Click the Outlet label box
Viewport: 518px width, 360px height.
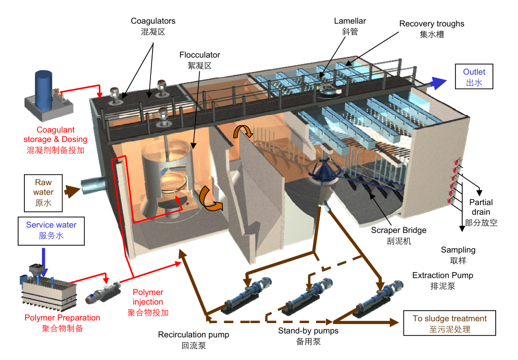474,77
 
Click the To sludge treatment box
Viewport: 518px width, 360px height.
449,324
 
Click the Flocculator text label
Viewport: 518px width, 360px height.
199,55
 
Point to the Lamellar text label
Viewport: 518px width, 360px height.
350,21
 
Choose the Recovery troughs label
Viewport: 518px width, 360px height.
432,24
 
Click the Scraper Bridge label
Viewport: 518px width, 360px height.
399,230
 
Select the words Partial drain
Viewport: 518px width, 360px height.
481,207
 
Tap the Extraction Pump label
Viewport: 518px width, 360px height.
443,275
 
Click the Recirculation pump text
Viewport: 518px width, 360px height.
193,335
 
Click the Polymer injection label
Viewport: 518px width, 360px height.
148,297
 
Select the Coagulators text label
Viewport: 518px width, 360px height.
153,21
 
